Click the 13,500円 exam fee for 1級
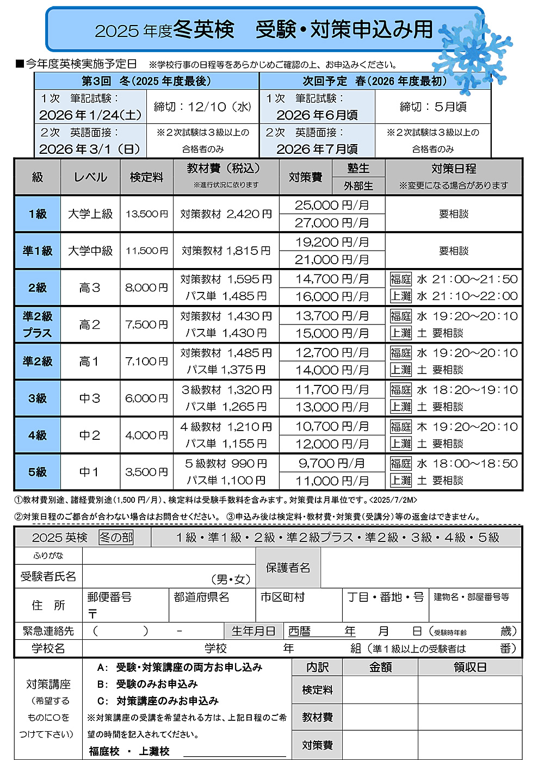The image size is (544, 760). tap(146, 214)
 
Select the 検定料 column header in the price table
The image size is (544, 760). tap(146, 177)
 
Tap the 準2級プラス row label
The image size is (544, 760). tap(38, 325)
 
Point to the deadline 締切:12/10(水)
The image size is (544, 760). tap(202, 107)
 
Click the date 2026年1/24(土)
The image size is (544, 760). tap(90, 115)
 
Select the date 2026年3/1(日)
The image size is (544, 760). tap(90, 149)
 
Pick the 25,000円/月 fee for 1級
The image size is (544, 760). tap(332, 205)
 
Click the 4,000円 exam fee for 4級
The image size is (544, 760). tap(146, 435)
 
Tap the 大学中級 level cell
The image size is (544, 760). tap(90, 251)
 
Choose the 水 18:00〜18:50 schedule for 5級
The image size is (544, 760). tap(467, 464)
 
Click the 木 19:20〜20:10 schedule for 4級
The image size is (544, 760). tap(467, 427)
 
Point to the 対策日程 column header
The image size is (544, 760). tap(454, 169)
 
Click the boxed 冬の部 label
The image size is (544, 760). tap(116, 538)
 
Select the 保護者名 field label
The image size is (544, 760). tap(288, 568)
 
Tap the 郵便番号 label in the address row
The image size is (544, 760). tap(109, 597)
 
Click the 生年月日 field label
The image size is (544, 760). tap(254, 631)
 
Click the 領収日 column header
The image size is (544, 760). tap(469, 667)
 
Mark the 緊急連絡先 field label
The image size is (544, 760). tap(48, 631)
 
